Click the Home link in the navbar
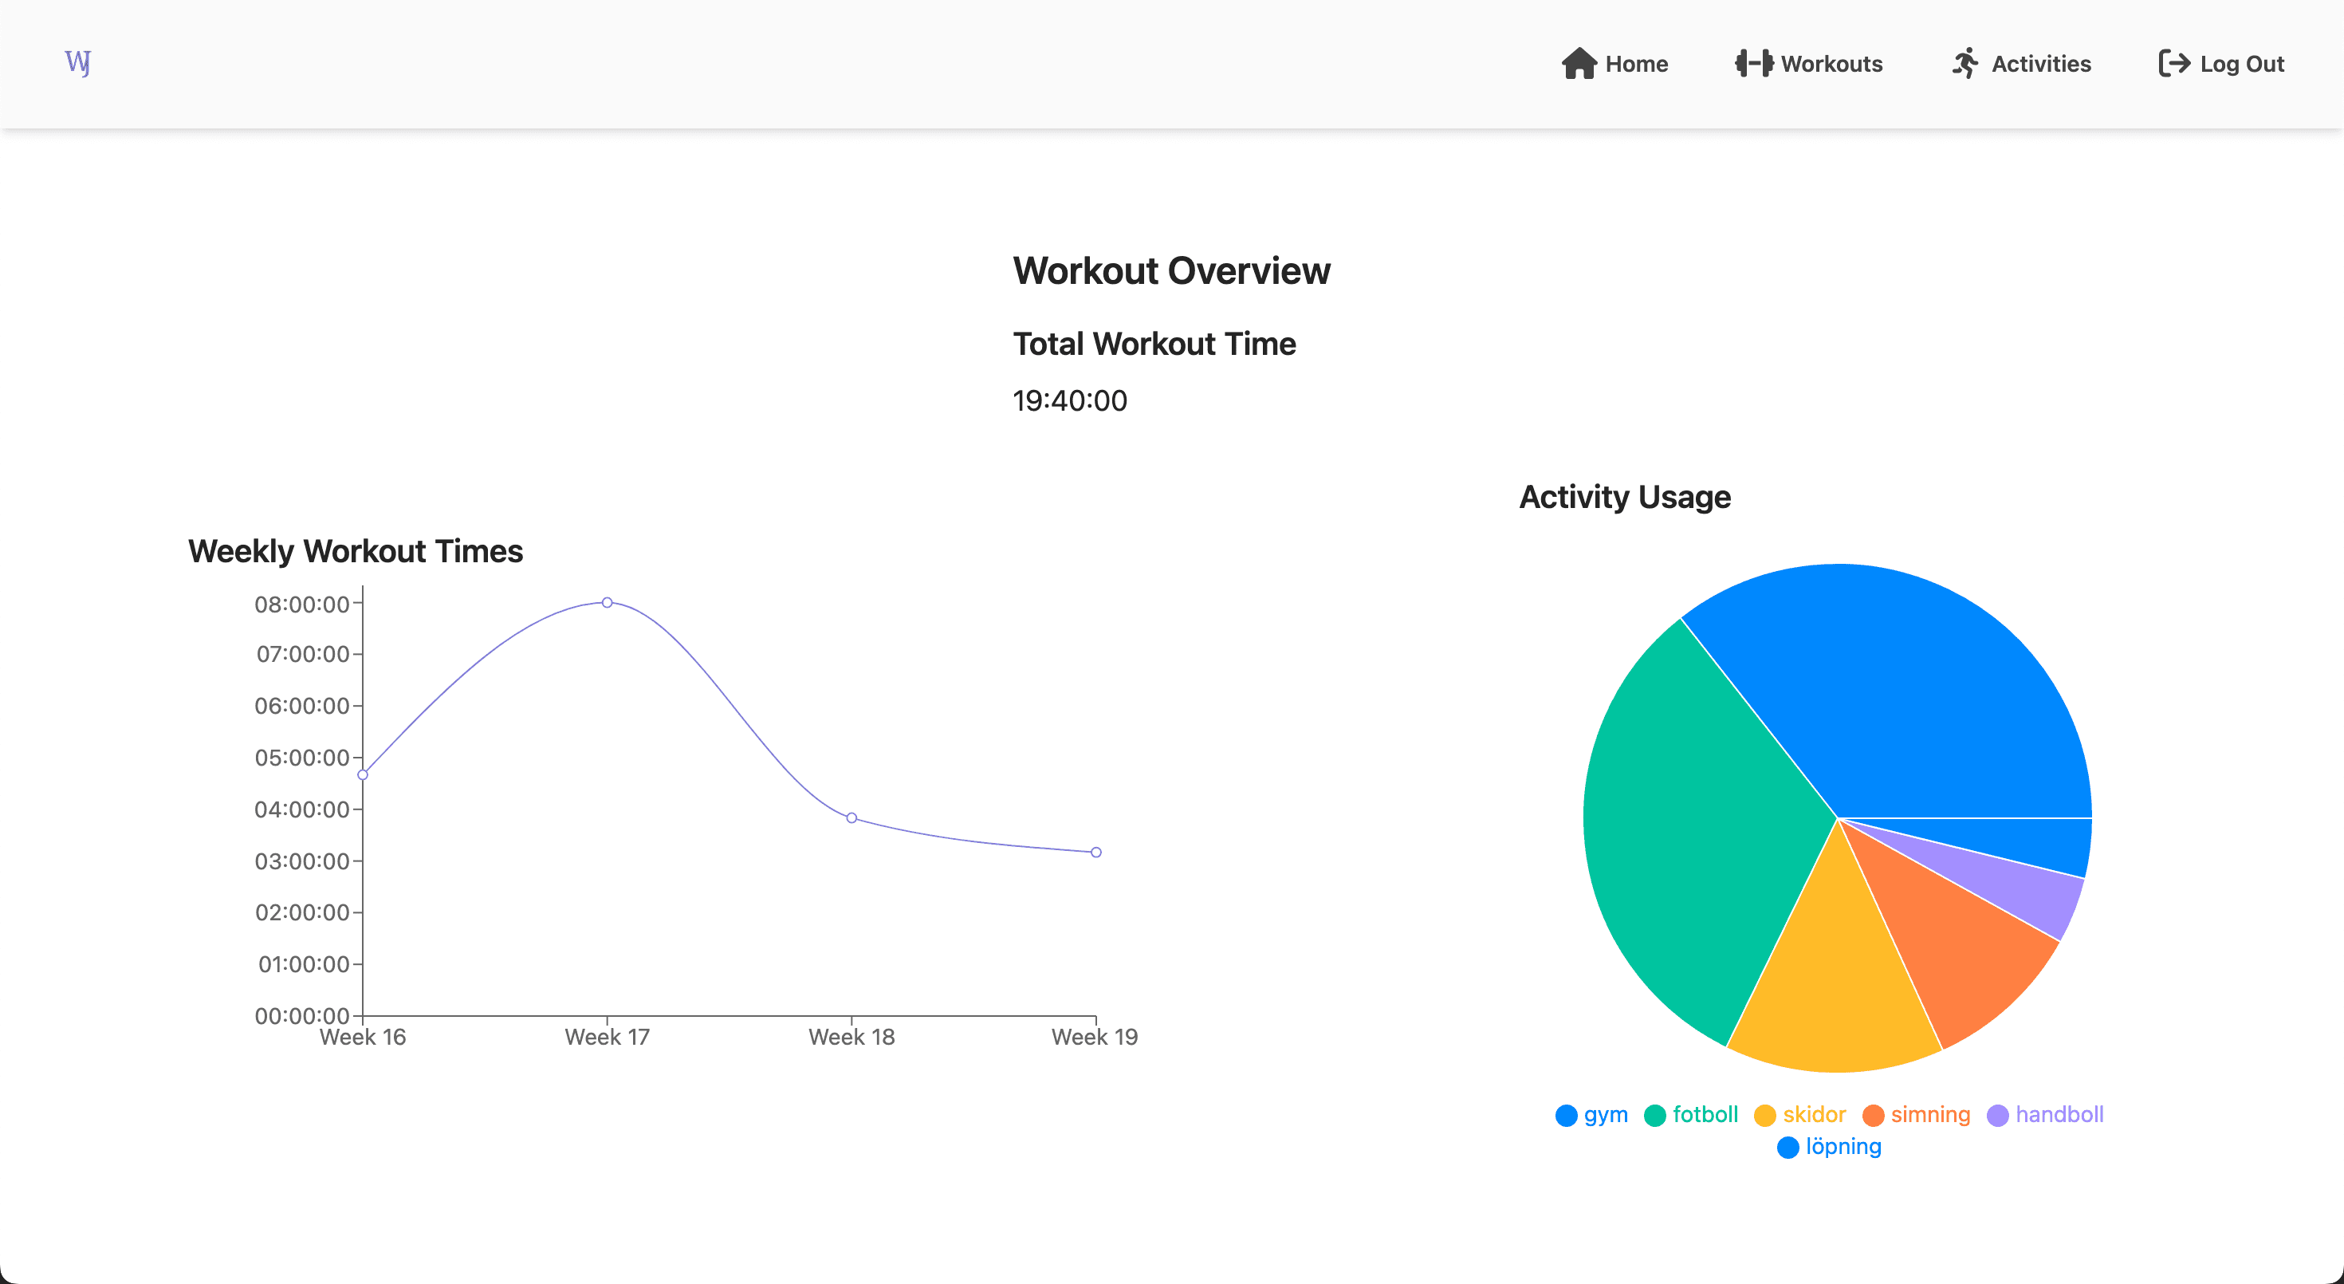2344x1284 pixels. click(x=1614, y=64)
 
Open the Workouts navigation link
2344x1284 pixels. click(x=1809, y=64)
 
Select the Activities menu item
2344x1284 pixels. click(x=2021, y=64)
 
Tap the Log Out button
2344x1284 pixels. click(x=2221, y=64)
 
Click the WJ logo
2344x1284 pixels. click(x=78, y=63)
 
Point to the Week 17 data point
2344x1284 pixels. click(x=607, y=602)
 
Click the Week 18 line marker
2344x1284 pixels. click(x=851, y=818)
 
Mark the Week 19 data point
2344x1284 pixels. click(x=1096, y=853)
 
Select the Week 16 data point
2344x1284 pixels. click(x=363, y=775)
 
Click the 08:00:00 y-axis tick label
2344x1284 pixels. click(x=302, y=605)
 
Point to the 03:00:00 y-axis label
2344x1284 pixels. click(x=302, y=861)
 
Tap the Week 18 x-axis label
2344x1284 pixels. click(x=851, y=1038)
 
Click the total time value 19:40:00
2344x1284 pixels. click(x=1070, y=400)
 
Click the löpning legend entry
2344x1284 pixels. click(x=1829, y=1147)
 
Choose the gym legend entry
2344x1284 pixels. click(x=1591, y=1115)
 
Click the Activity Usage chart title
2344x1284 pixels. click(x=1625, y=497)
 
